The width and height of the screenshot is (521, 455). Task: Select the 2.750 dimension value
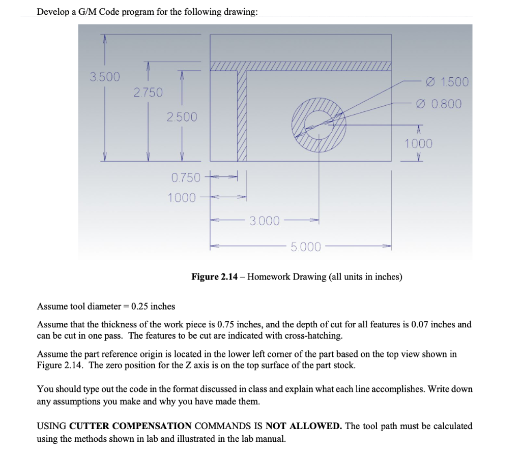148,93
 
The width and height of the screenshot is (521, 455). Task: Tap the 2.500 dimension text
182,117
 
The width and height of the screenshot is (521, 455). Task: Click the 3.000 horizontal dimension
265,221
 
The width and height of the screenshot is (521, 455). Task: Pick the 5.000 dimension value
306,247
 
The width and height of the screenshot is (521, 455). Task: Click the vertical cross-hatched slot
242,116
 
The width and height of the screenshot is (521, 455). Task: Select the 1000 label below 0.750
182,197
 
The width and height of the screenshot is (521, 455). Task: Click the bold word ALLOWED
316,426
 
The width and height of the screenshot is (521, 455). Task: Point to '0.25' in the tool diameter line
139,306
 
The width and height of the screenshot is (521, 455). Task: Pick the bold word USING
51,426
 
